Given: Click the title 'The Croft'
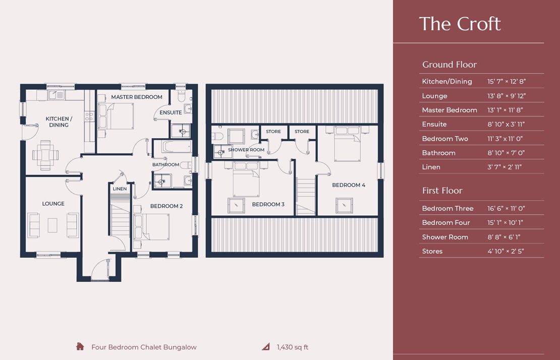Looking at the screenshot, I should tap(460, 24).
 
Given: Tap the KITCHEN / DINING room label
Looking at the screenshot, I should tap(59, 122).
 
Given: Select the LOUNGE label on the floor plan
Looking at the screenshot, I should tap(53, 204).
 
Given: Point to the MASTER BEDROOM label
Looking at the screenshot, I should tap(137, 97).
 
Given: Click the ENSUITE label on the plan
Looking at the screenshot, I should tap(171, 112).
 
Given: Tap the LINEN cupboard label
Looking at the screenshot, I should tap(120, 189).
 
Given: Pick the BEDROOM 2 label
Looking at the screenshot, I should tap(166, 206).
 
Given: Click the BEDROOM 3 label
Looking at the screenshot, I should tap(268, 204).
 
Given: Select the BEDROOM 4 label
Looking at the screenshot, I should tap(348, 185).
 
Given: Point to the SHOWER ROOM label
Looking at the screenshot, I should tap(246, 150).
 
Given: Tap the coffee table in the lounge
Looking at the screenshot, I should tap(53, 225).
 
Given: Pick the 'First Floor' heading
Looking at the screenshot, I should tap(442, 191).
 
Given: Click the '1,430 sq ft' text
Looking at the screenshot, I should tap(292, 347).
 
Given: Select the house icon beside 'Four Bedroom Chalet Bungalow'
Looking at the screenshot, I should tap(80, 346).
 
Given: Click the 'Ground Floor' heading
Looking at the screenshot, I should tap(449, 65).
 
